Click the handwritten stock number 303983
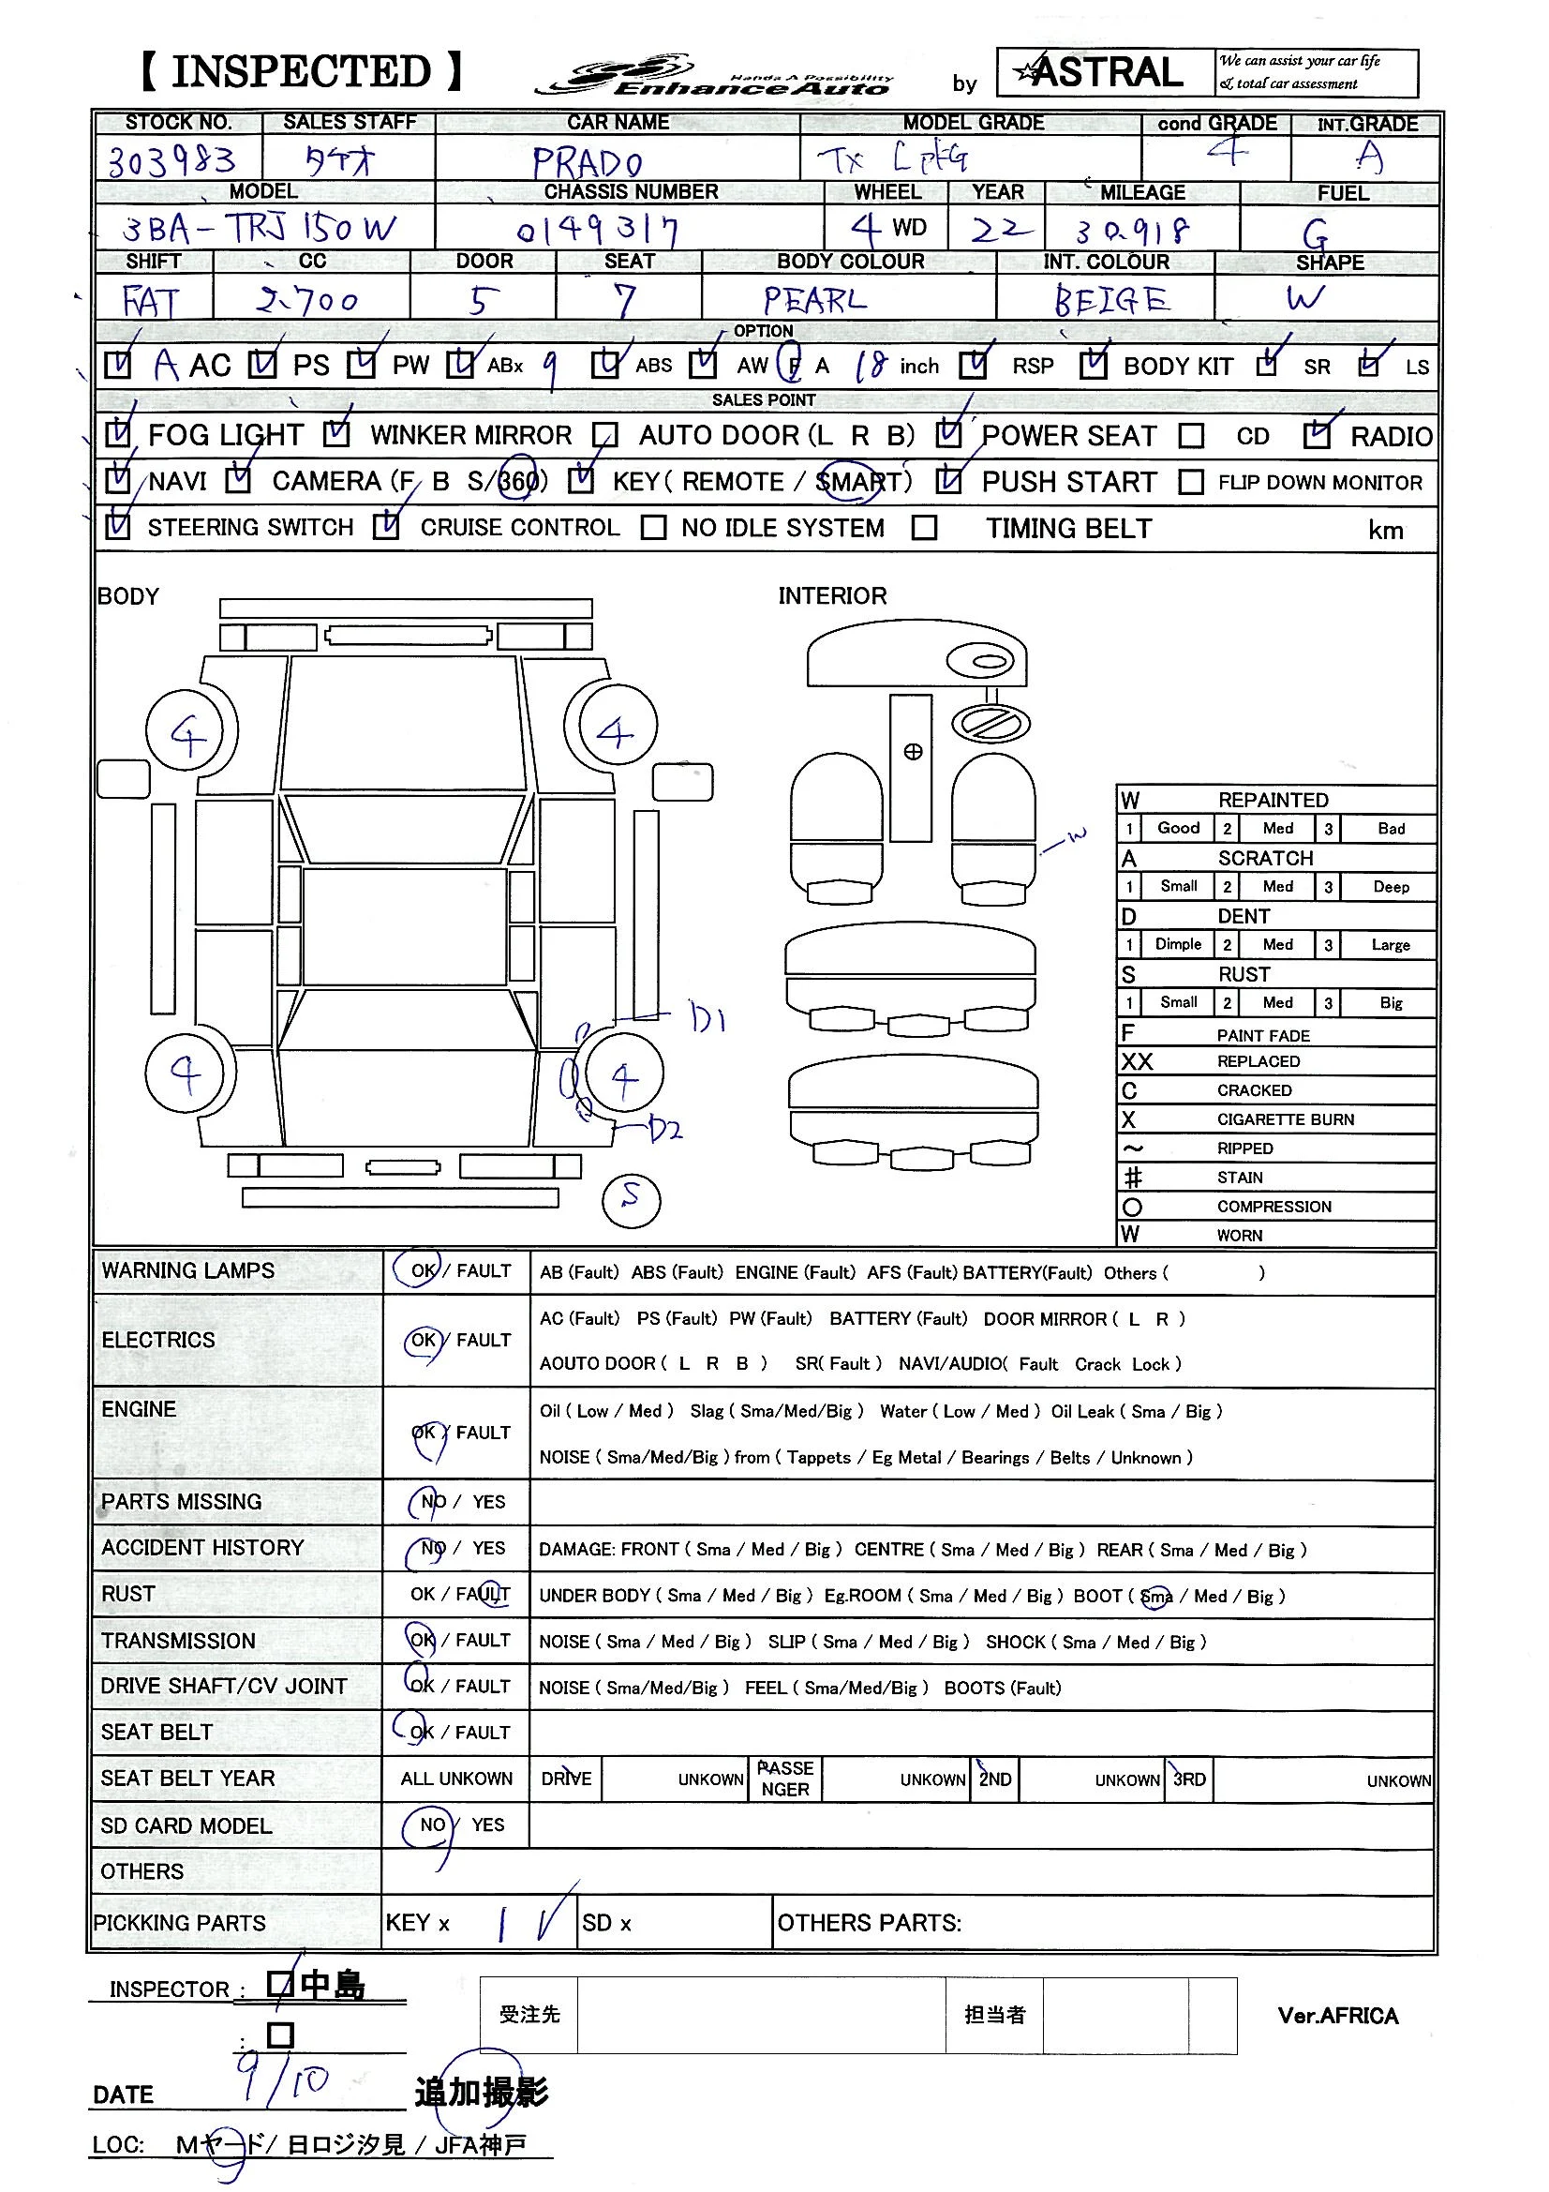171,160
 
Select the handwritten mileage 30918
1133,230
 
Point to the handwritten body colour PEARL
814,301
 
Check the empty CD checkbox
1191,436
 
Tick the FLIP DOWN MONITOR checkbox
1190,482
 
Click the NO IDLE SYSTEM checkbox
654,528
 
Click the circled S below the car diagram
631,1199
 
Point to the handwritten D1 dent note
708,1020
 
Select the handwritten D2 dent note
665,1131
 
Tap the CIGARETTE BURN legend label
1285,1119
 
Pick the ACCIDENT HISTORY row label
202,1548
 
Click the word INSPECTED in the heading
302,72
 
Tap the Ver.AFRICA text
1337,2016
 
